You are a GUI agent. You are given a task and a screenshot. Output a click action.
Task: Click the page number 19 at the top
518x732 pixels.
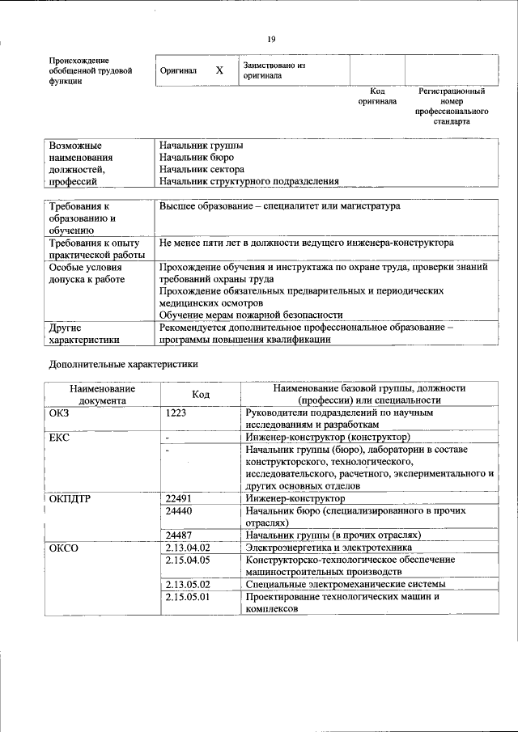coord(272,38)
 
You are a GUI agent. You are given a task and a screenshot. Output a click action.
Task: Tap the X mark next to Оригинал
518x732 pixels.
coord(219,70)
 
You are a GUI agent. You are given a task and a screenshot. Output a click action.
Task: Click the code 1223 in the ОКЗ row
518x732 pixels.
coord(176,413)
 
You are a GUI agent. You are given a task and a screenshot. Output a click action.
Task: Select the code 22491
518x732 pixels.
coord(178,499)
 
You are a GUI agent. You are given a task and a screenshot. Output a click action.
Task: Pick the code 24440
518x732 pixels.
coord(178,511)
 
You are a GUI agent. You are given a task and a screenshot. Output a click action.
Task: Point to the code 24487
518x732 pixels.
coord(178,535)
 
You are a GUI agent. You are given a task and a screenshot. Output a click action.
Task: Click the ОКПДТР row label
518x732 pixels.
coord(70,499)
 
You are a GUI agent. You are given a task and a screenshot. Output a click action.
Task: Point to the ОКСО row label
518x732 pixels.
coord(64,548)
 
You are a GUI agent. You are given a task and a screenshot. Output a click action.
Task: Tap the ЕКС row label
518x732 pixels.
coord(60,438)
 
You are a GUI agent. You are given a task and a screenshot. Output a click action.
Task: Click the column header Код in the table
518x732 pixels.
coord(201,394)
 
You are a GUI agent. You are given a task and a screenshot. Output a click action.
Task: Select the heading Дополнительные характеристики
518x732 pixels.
coord(123,364)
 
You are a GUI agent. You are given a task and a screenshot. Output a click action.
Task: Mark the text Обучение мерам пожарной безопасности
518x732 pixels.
coord(251,315)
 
